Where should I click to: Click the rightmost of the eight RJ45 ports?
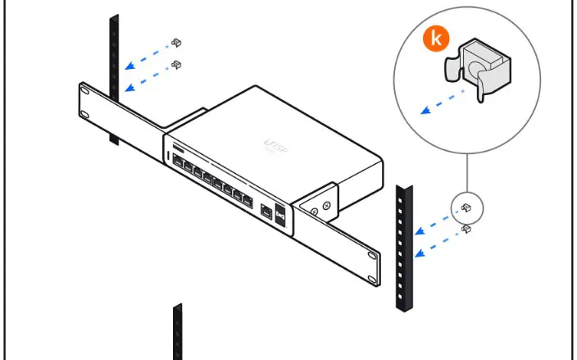coord(244,196)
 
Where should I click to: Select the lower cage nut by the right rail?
coord(465,229)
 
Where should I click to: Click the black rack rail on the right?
coord(404,246)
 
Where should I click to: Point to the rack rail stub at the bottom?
coord(177,331)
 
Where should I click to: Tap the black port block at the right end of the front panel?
coord(280,214)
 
